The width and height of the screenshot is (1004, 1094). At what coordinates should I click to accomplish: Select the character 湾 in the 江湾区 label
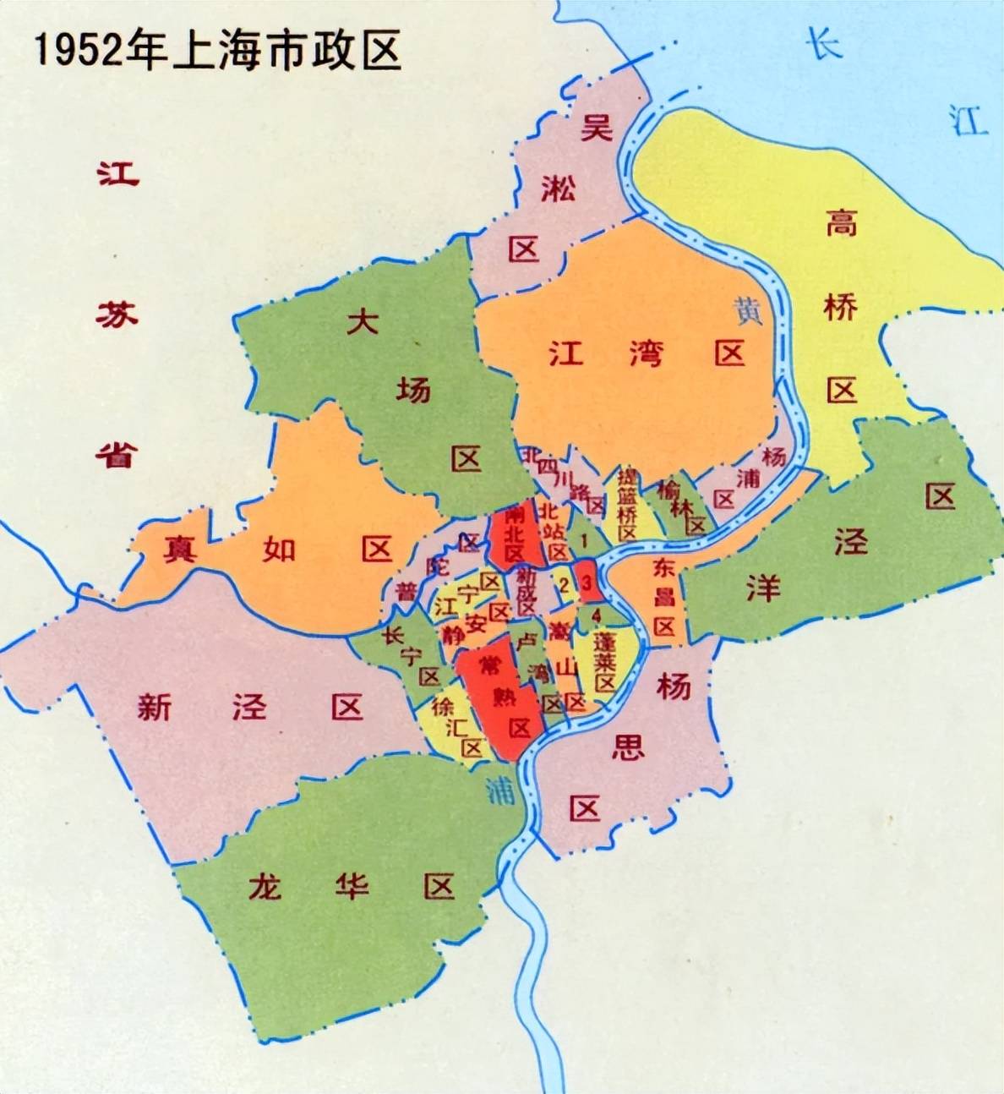647,353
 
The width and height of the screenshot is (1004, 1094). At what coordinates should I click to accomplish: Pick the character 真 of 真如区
180,550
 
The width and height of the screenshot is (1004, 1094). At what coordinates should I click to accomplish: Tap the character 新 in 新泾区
155,707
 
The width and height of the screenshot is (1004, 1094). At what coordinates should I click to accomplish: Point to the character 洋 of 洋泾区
762,587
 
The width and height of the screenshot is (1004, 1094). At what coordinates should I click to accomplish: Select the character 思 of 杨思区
627,747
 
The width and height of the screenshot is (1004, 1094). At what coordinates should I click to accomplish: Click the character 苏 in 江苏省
117,316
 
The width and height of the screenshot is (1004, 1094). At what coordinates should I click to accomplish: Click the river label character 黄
748,310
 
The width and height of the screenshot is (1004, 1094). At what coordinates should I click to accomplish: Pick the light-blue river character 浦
500,790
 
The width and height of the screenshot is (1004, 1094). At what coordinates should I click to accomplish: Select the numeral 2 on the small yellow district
563,583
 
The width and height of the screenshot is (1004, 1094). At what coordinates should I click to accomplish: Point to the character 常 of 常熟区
489,665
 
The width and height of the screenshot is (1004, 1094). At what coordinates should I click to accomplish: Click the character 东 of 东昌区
663,570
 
